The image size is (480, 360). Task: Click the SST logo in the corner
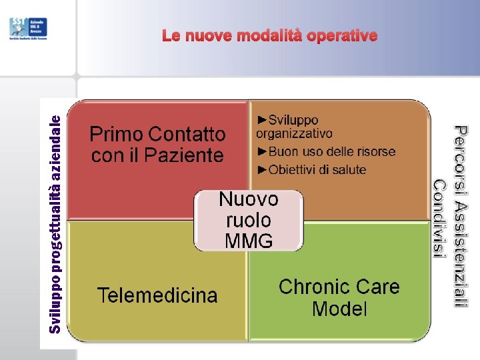pos(19,27)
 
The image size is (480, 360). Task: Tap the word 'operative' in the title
pos(342,35)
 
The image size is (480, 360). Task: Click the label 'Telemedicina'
pos(157,295)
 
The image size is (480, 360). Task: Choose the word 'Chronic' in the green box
pos(309,287)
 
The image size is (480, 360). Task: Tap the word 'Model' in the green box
pos(339,309)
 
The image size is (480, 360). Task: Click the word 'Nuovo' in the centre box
pos(249,199)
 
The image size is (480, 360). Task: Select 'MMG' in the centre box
pos(249,241)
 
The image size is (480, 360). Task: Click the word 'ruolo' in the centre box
pos(249,220)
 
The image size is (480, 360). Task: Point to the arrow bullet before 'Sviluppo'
pos(262,120)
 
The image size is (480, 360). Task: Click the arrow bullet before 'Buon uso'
pos(262,152)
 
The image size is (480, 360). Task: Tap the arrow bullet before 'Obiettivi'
pos(262,169)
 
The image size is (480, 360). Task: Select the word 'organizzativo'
pos(294,133)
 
